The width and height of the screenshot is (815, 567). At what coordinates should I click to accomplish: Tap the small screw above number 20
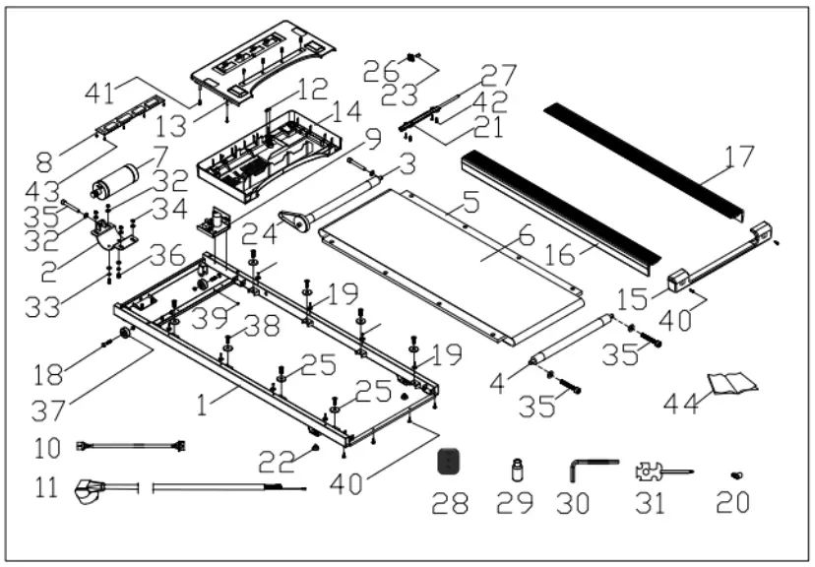point(739,475)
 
